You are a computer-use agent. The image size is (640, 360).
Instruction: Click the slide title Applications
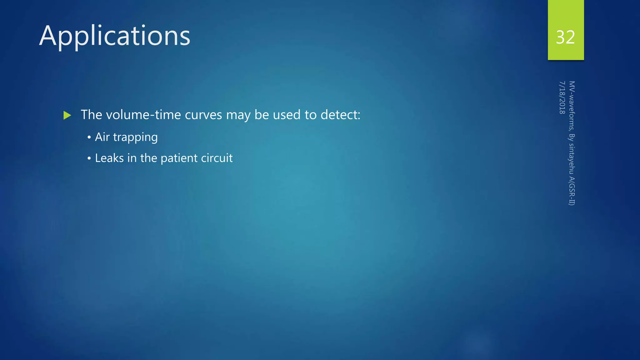(x=115, y=36)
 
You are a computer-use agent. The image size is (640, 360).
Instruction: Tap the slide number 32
(x=565, y=37)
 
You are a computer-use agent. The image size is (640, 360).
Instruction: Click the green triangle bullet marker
(x=67, y=115)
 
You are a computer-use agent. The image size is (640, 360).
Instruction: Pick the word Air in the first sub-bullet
(x=102, y=137)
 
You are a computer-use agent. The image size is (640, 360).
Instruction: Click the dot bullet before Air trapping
(x=89, y=137)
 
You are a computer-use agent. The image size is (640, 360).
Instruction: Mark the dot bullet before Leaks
(x=89, y=159)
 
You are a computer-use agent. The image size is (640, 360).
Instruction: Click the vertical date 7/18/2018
(x=562, y=97)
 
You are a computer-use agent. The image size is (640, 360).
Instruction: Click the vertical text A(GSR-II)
(x=572, y=191)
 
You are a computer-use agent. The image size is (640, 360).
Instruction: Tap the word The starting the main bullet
(x=92, y=115)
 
